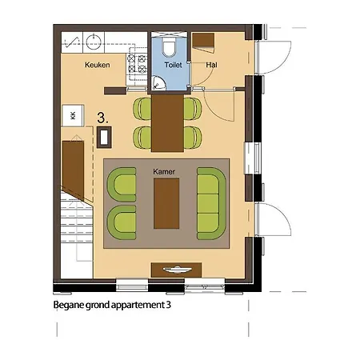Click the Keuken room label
coord(98,65)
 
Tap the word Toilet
coord(173,65)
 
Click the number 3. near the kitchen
coord(103,117)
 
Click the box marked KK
coord(74,116)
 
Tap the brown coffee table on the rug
coord(166,201)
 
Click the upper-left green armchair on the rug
coord(123,183)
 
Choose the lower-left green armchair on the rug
coord(123,220)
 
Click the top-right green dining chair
coord(191,107)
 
